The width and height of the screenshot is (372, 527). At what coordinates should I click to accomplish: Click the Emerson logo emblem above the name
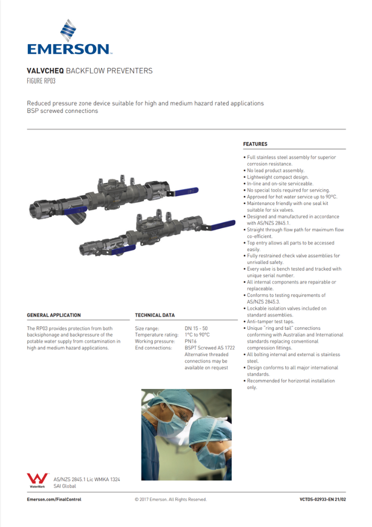68,31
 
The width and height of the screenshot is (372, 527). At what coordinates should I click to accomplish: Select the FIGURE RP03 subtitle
41,81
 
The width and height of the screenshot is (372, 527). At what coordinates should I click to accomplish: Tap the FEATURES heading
255,144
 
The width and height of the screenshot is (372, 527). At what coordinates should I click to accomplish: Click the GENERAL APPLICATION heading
54,315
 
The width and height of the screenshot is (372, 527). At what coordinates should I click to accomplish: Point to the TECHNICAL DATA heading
155,315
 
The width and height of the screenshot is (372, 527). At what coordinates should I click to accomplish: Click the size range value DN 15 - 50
196,328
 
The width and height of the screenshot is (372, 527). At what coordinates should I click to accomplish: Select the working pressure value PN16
190,341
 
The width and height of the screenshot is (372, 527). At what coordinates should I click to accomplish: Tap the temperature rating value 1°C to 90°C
197,335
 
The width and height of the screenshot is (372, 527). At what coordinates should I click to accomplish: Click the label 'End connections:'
152,348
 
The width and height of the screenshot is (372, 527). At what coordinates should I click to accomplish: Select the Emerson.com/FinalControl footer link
54,499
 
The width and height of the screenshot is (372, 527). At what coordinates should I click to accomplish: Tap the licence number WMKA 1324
107,479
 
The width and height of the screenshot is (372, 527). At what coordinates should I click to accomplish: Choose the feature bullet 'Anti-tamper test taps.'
272,321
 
